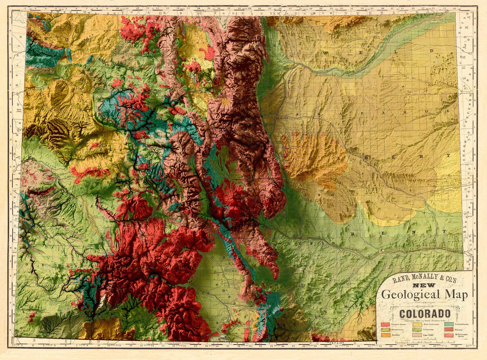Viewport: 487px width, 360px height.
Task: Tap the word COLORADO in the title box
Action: click(x=425, y=314)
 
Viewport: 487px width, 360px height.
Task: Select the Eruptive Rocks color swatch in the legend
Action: click(x=385, y=324)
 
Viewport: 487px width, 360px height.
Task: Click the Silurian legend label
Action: click(x=458, y=330)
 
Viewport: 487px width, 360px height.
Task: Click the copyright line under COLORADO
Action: click(x=425, y=321)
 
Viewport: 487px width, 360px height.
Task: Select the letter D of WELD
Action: click(x=432, y=51)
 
